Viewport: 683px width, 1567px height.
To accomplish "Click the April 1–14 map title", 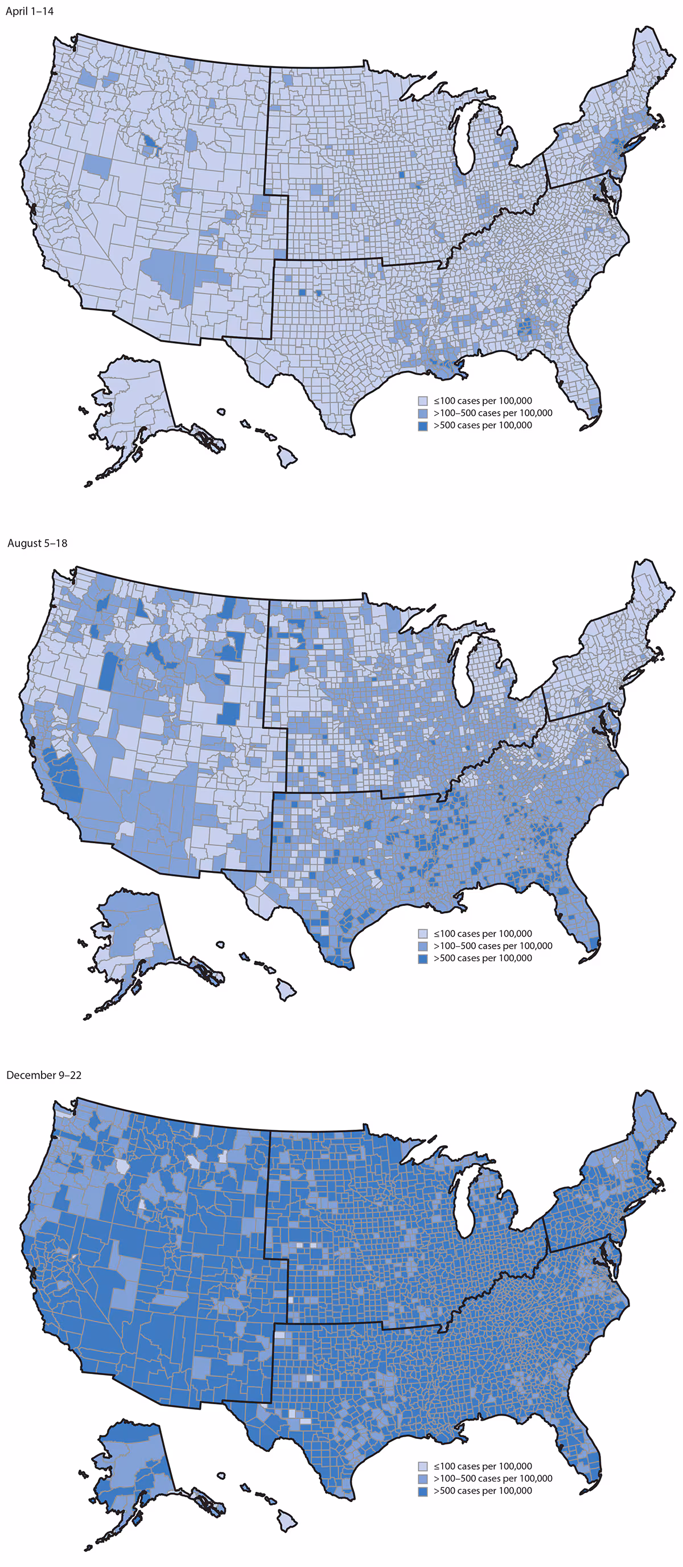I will (29, 11).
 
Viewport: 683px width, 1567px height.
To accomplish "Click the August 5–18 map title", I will (37, 543).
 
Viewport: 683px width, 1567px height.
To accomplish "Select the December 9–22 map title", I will (43, 1075).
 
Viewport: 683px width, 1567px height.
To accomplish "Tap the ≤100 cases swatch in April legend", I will (423, 401).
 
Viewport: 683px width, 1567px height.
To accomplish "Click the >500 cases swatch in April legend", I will (423, 426).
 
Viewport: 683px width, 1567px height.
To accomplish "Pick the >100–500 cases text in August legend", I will (493, 946).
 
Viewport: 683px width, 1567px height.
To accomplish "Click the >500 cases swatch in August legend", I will (423, 958).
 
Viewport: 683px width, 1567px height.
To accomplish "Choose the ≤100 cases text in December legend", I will (483, 1466).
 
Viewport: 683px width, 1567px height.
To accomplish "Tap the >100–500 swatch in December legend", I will (423, 1478).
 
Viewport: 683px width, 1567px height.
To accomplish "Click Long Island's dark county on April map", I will (633, 144).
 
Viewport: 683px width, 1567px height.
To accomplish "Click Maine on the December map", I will (651, 1125).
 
